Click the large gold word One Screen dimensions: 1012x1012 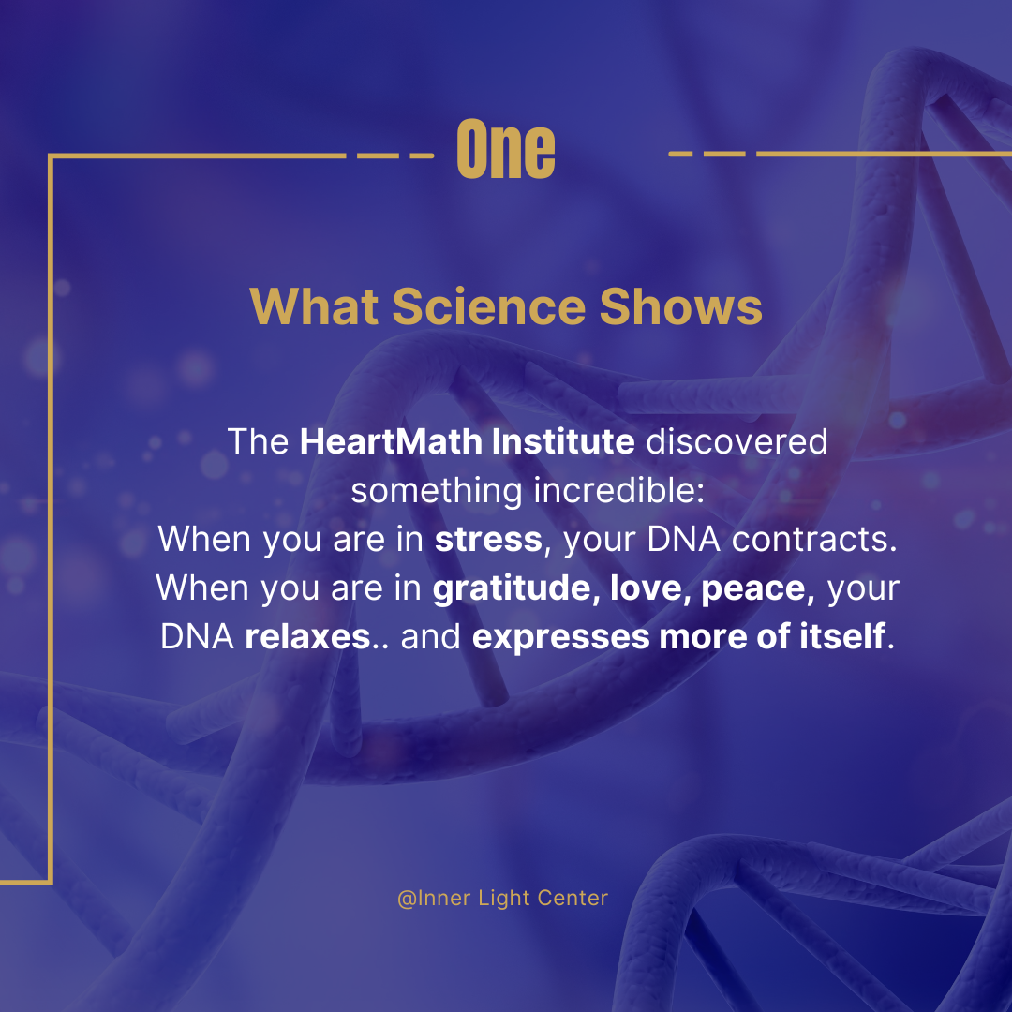pyautogui.click(x=506, y=150)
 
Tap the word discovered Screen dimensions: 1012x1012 pyautogui.click(x=736, y=441)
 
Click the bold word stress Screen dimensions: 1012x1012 pyautogui.click(x=488, y=540)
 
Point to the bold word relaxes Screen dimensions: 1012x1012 pyautogui.click(x=306, y=637)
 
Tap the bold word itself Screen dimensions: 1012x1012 pyautogui.click(x=849, y=637)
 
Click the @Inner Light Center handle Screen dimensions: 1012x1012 pyautogui.click(x=502, y=898)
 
